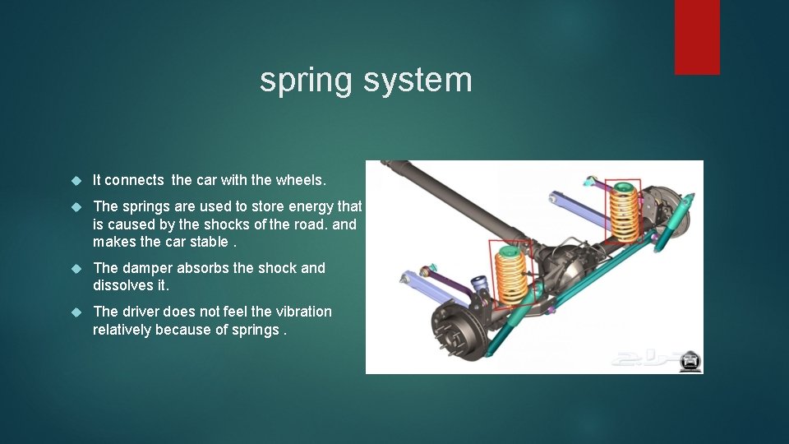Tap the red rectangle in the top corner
697,36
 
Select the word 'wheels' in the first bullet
300,180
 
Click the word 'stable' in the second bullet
206,241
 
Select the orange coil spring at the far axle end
624,211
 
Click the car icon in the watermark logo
690,360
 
